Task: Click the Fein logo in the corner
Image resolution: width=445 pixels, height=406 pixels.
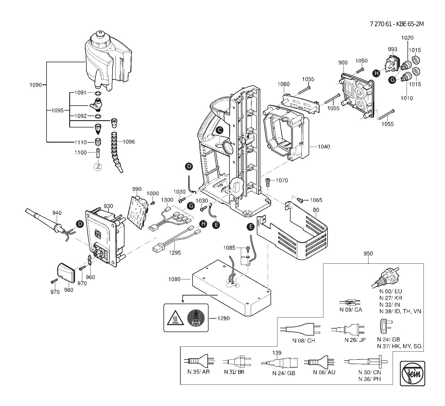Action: click(412, 373)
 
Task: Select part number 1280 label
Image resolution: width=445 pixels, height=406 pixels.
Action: click(223, 318)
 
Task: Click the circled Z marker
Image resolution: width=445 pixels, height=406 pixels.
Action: click(98, 167)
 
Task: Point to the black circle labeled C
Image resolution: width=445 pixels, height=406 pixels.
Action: click(219, 130)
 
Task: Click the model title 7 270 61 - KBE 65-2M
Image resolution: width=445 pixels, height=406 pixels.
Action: click(397, 24)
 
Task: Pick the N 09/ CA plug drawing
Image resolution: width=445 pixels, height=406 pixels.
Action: click(350, 302)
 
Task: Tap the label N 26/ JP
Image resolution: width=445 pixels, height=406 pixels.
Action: click(355, 340)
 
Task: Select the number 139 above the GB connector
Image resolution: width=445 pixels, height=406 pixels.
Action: click(277, 353)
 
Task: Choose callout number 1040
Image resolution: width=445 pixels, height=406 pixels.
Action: click(324, 146)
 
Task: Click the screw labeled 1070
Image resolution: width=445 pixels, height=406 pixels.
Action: click(268, 182)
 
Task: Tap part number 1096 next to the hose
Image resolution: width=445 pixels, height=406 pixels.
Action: click(129, 142)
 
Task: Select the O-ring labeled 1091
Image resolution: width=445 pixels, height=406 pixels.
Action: click(98, 93)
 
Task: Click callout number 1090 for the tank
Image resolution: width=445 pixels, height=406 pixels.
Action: click(36, 85)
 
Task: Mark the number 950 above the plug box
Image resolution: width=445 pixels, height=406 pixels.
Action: click(368, 253)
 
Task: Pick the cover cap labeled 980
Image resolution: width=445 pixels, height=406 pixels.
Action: click(66, 273)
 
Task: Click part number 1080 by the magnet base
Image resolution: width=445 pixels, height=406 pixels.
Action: click(174, 279)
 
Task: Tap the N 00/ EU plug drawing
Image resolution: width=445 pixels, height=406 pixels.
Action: click(385, 278)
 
